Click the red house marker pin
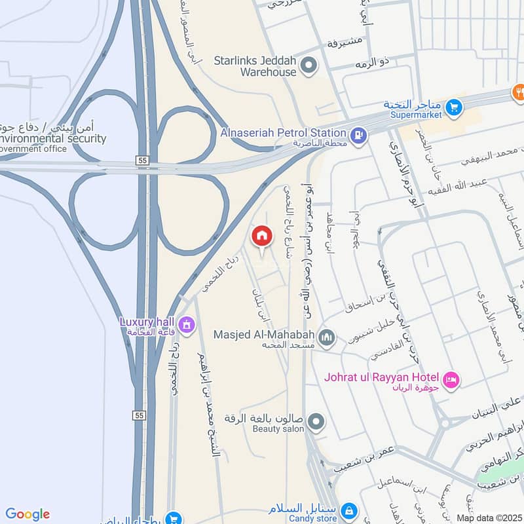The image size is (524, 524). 262,236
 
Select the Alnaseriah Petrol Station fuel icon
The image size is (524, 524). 358,136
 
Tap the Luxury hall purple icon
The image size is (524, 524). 186,324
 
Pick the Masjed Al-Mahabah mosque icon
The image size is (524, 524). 326,337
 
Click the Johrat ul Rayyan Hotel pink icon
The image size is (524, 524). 451,380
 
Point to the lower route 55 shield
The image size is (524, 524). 138,416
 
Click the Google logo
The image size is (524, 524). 28,514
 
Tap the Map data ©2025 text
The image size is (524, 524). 489,518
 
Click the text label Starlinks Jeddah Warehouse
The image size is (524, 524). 255,66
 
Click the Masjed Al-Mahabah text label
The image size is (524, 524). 264,335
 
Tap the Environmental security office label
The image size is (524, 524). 52,139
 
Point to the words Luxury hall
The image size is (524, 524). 145,322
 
